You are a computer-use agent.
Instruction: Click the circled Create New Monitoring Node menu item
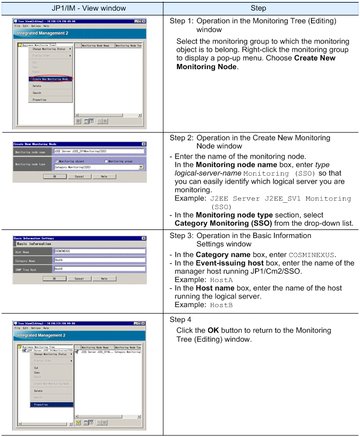[51, 79]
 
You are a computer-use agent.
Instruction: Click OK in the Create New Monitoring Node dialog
[54, 176]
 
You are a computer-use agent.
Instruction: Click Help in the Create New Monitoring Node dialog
[104, 176]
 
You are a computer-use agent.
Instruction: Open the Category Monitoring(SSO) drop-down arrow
[141, 167]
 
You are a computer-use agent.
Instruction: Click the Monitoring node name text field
[99, 151]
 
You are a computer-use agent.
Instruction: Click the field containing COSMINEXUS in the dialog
[99, 250]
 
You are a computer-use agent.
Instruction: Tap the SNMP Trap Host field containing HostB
[99, 269]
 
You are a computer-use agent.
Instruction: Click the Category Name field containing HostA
[99, 259]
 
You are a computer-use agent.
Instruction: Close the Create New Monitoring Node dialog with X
[144, 144]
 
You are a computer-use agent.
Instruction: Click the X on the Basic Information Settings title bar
[144, 237]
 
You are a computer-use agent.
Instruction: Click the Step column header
[261, 8]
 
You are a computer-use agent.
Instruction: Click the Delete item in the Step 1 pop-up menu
[37, 86]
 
